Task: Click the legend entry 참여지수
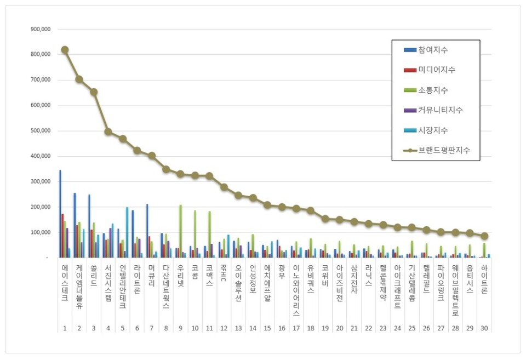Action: [x=433, y=50]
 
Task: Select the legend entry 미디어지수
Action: [x=436, y=70]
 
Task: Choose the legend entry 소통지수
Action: [x=433, y=90]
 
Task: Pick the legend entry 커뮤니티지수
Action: [x=440, y=110]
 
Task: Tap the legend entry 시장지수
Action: [x=433, y=130]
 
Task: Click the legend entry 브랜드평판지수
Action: [x=443, y=149]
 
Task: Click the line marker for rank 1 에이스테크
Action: [x=65, y=49]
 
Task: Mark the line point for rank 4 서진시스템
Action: [x=108, y=132]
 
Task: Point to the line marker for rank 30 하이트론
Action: [x=484, y=236]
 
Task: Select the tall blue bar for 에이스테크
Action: [x=60, y=214]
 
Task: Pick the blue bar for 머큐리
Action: [x=147, y=231]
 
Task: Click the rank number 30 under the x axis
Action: [x=484, y=328]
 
